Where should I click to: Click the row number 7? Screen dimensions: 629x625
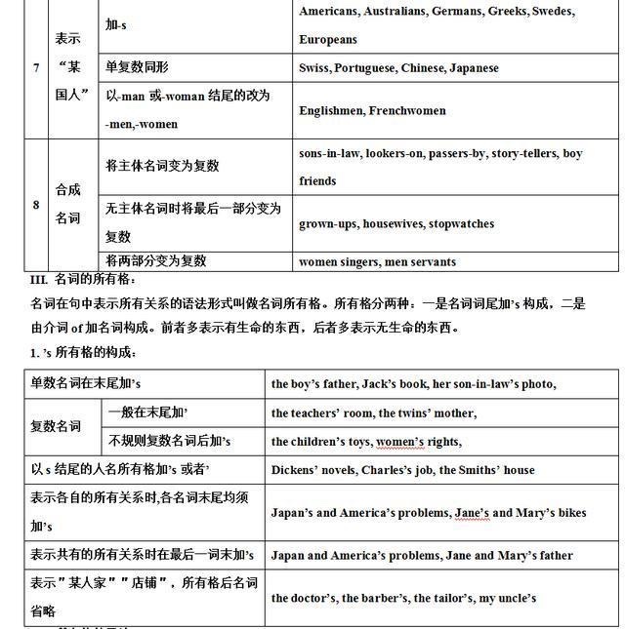pos(36,68)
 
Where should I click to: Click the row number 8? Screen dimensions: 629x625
pos(36,205)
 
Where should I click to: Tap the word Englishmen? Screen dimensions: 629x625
pos(331,110)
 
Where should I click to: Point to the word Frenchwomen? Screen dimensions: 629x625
pos(408,110)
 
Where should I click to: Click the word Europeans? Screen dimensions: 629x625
pos(328,40)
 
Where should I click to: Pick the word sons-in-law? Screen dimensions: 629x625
pos(329,153)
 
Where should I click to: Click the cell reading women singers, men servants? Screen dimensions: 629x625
pos(377,261)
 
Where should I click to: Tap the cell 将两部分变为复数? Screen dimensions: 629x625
pos(155,260)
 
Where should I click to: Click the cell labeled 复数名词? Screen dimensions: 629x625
pos(56,426)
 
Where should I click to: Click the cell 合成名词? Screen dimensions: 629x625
pos(67,205)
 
